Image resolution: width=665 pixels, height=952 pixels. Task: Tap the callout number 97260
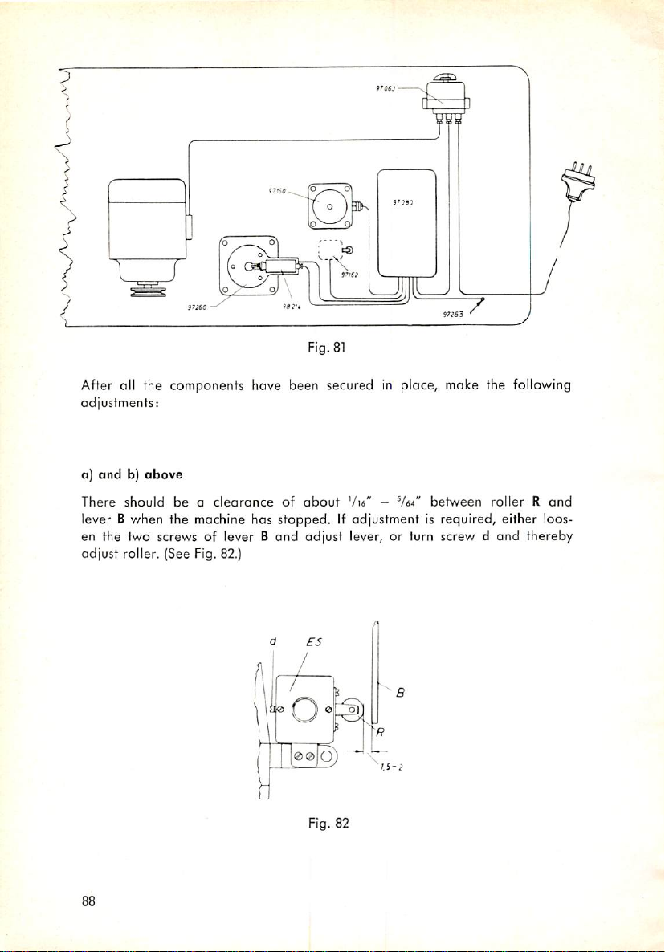(x=197, y=305)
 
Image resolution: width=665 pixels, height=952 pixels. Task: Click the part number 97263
(x=454, y=315)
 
